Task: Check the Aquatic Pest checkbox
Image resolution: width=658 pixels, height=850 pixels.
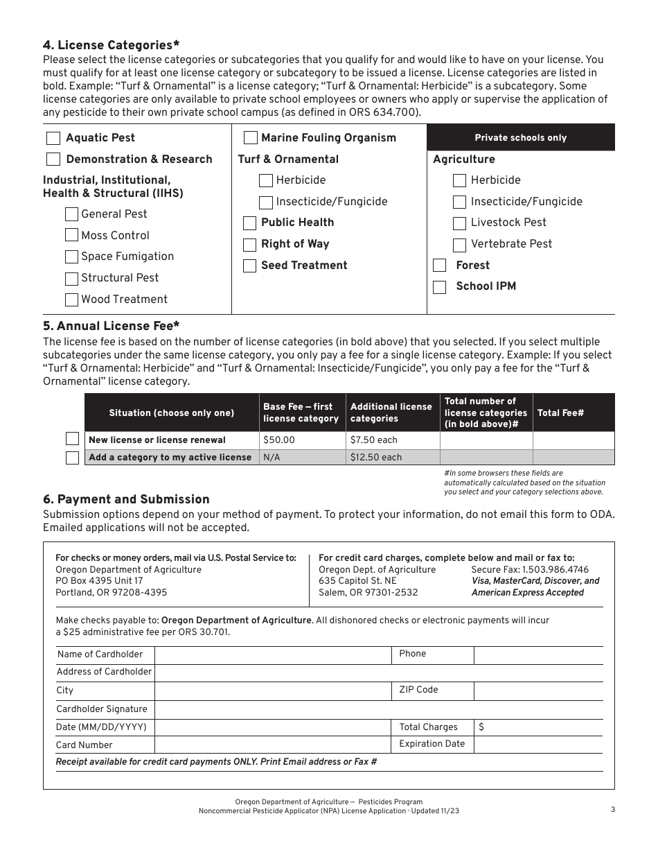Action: coord(53,138)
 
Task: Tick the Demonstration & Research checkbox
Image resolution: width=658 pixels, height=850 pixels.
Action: coord(53,159)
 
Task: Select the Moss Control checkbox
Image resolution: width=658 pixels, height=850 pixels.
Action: coord(71,236)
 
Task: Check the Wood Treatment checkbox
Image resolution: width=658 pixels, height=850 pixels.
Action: coord(71,300)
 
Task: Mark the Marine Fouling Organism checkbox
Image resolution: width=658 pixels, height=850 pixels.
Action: coord(251,138)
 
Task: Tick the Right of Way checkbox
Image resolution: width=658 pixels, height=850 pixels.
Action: coord(250,245)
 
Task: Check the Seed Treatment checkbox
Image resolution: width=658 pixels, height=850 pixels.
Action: coord(250,266)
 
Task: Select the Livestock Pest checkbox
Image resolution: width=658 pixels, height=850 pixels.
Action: coord(459,223)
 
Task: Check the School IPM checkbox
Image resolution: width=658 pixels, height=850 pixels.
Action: coord(439,286)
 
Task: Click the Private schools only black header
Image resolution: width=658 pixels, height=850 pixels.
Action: coord(520,137)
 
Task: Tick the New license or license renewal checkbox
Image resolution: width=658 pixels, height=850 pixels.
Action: coord(72,440)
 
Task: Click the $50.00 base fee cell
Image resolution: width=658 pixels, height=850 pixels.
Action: coord(302,440)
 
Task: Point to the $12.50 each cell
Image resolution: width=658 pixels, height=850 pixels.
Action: coord(392,458)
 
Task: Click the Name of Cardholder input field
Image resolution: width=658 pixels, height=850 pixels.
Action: coord(273,655)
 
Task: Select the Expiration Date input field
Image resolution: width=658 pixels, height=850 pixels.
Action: coord(537,745)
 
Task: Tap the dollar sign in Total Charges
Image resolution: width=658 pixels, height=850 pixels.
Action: coord(481,727)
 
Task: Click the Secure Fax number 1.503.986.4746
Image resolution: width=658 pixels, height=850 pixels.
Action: coord(530,569)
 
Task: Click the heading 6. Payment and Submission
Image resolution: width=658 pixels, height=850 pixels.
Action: coord(126,499)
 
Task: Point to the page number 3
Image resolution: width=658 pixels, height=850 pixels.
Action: coord(613,809)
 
